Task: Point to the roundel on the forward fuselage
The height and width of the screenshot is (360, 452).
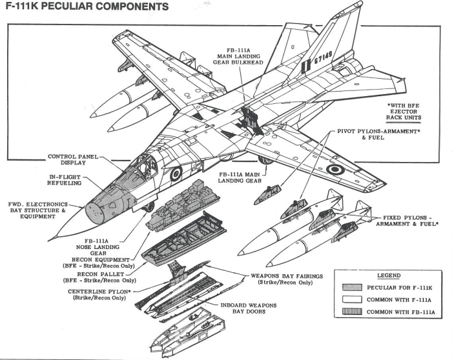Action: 175,173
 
